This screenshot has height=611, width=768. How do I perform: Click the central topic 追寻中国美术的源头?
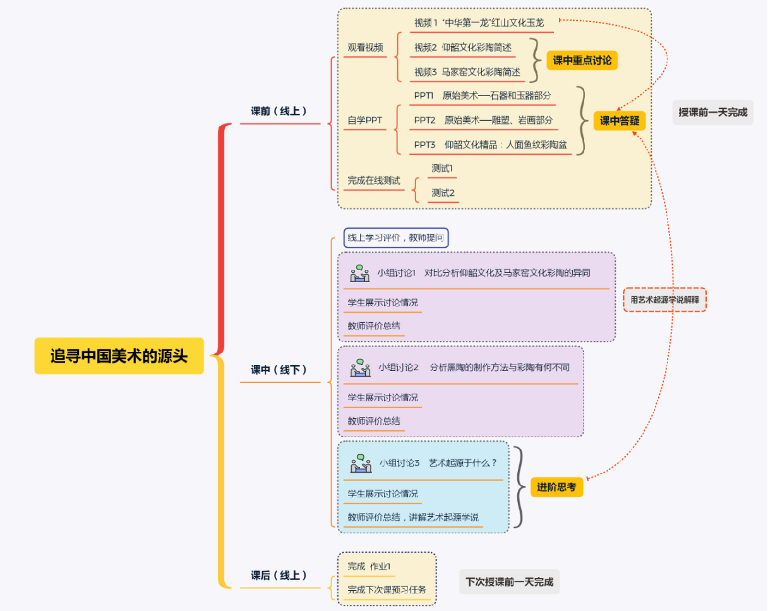click(119, 356)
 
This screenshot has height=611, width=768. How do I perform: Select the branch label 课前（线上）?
click(279, 111)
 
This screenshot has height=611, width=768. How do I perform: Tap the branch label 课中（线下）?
click(279, 370)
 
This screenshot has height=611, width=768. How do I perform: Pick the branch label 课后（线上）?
click(279, 576)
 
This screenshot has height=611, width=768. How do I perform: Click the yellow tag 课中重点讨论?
click(582, 61)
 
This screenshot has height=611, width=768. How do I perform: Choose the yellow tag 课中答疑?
click(619, 121)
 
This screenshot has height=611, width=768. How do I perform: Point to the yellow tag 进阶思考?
click(556, 487)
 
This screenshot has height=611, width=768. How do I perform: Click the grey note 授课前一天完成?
click(712, 112)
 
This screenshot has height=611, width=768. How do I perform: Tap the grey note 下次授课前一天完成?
click(509, 582)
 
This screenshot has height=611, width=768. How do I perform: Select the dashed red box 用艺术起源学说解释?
click(664, 299)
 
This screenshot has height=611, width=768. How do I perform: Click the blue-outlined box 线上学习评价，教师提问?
click(396, 238)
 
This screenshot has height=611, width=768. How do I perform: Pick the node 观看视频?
click(365, 47)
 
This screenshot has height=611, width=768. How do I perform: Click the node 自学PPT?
click(364, 120)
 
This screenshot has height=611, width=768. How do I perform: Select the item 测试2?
click(443, 193)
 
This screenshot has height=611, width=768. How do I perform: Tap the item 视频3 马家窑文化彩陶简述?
click(467, 72)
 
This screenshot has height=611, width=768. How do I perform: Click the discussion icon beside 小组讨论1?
click(360, 273)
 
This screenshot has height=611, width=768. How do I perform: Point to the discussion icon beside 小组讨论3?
click(361, 463)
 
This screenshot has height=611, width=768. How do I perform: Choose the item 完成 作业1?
click(369, 566)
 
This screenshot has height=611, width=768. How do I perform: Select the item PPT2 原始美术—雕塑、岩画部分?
click(483, 120)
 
